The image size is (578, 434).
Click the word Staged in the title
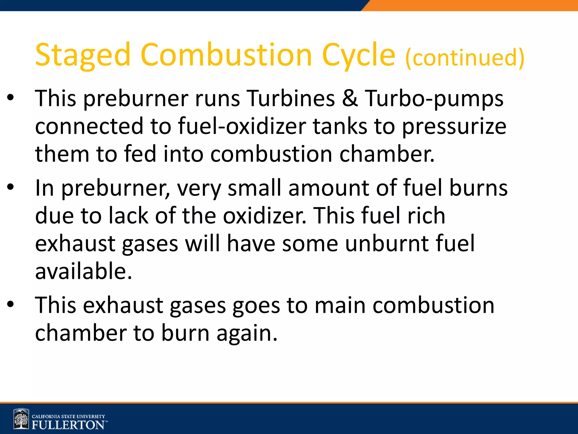[x=82, y=55]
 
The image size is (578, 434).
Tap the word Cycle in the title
[x=358, y=55]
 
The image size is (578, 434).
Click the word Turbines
[x=291, y=98]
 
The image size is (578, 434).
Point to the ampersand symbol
[x=350, y=98]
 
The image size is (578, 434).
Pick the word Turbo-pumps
[x=434, y=99]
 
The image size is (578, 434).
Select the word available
[x=84, y=271]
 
